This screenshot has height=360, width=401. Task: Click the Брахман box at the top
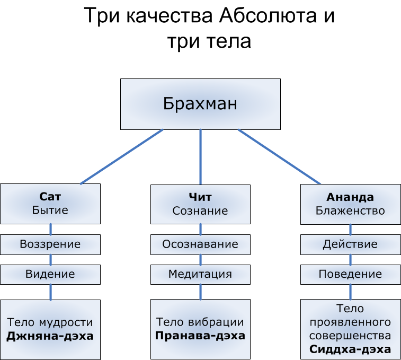pyautogui.click(x=200, y=104)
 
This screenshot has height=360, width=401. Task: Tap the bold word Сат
pyautogui.click(x=50, y=197)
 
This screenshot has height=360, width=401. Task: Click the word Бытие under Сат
pyautogui.click(x=50, y=210)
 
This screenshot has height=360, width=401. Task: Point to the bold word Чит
pyautogui.click(x=200, y=197)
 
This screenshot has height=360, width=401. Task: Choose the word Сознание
pyautogui.click(x=200, y=210)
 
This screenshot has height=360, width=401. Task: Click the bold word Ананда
pyautogui.click(x=350, y=197)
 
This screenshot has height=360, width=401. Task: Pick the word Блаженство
pyautogui.click(x=350, y=210)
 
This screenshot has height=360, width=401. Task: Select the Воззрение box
pyautogui.click(x=50, y=244)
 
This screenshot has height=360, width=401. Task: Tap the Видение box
pyautogui.click(x=50, y=274)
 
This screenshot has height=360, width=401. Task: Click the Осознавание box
pyautogui.click(x=200, y=244)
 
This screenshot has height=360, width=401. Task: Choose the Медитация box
pyautogui.click(x=200, y=274)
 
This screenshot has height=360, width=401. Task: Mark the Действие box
pyautogui.click(x=350, y=244)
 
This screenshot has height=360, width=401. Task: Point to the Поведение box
pyautogui.click(x=350, y=274)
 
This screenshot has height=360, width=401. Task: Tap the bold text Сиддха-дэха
pyautogui.click(x=350, y=349)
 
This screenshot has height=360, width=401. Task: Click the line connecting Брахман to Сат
pyautogui.click(x=122, y=156)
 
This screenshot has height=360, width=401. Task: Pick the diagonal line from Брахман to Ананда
pyautogui.click(x=279, y=156)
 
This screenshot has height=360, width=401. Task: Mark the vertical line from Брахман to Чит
pyautogui.click(x=200, y=156)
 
